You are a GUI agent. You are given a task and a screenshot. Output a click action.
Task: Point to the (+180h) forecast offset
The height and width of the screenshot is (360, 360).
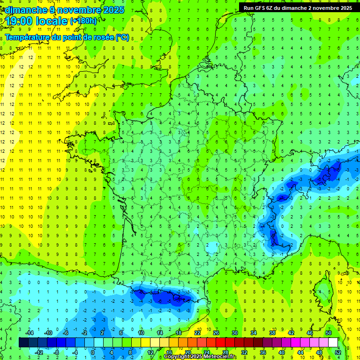tap(83, 21)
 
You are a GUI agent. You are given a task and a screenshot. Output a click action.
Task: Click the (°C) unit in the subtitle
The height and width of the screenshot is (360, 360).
tap(122, 37)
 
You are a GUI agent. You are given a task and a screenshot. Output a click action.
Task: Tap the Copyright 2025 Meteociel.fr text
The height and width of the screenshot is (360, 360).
tap(201, 357)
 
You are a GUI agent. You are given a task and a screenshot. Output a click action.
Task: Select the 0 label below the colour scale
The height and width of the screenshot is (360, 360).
tap(93, 352)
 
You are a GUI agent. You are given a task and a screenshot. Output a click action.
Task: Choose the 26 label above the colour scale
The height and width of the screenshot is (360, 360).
tap(216, 333)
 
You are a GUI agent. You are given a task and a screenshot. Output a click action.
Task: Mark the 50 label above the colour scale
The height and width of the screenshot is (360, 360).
tap(329, 333)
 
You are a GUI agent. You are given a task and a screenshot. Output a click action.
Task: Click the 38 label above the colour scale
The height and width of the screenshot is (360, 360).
tap(272, 333)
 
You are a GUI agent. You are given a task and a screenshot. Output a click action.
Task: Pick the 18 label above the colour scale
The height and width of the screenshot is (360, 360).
tap(179, 333)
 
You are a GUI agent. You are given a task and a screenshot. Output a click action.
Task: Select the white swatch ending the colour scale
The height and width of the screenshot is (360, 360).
tap(333, 343)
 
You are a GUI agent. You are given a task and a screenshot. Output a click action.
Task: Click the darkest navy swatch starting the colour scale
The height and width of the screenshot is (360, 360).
tap(23, 343)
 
